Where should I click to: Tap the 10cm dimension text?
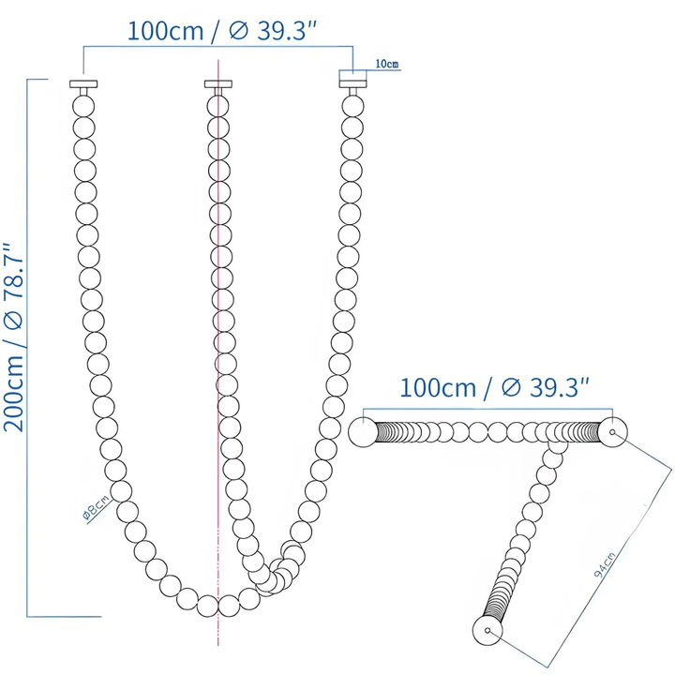click(385, 64)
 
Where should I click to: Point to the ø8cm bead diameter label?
click(97, 509)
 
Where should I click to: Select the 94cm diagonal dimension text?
click(610, 562)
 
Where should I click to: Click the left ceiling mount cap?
click(83, 84)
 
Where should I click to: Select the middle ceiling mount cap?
click(217, 84)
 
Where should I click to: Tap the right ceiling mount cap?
click(352, 84)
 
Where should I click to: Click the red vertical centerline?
click(218, 375)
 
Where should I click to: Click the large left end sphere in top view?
click(362, 432)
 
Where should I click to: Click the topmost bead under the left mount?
click(83, 101)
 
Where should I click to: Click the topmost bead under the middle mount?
click(217, 101)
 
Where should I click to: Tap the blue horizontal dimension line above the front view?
click(217, 45)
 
